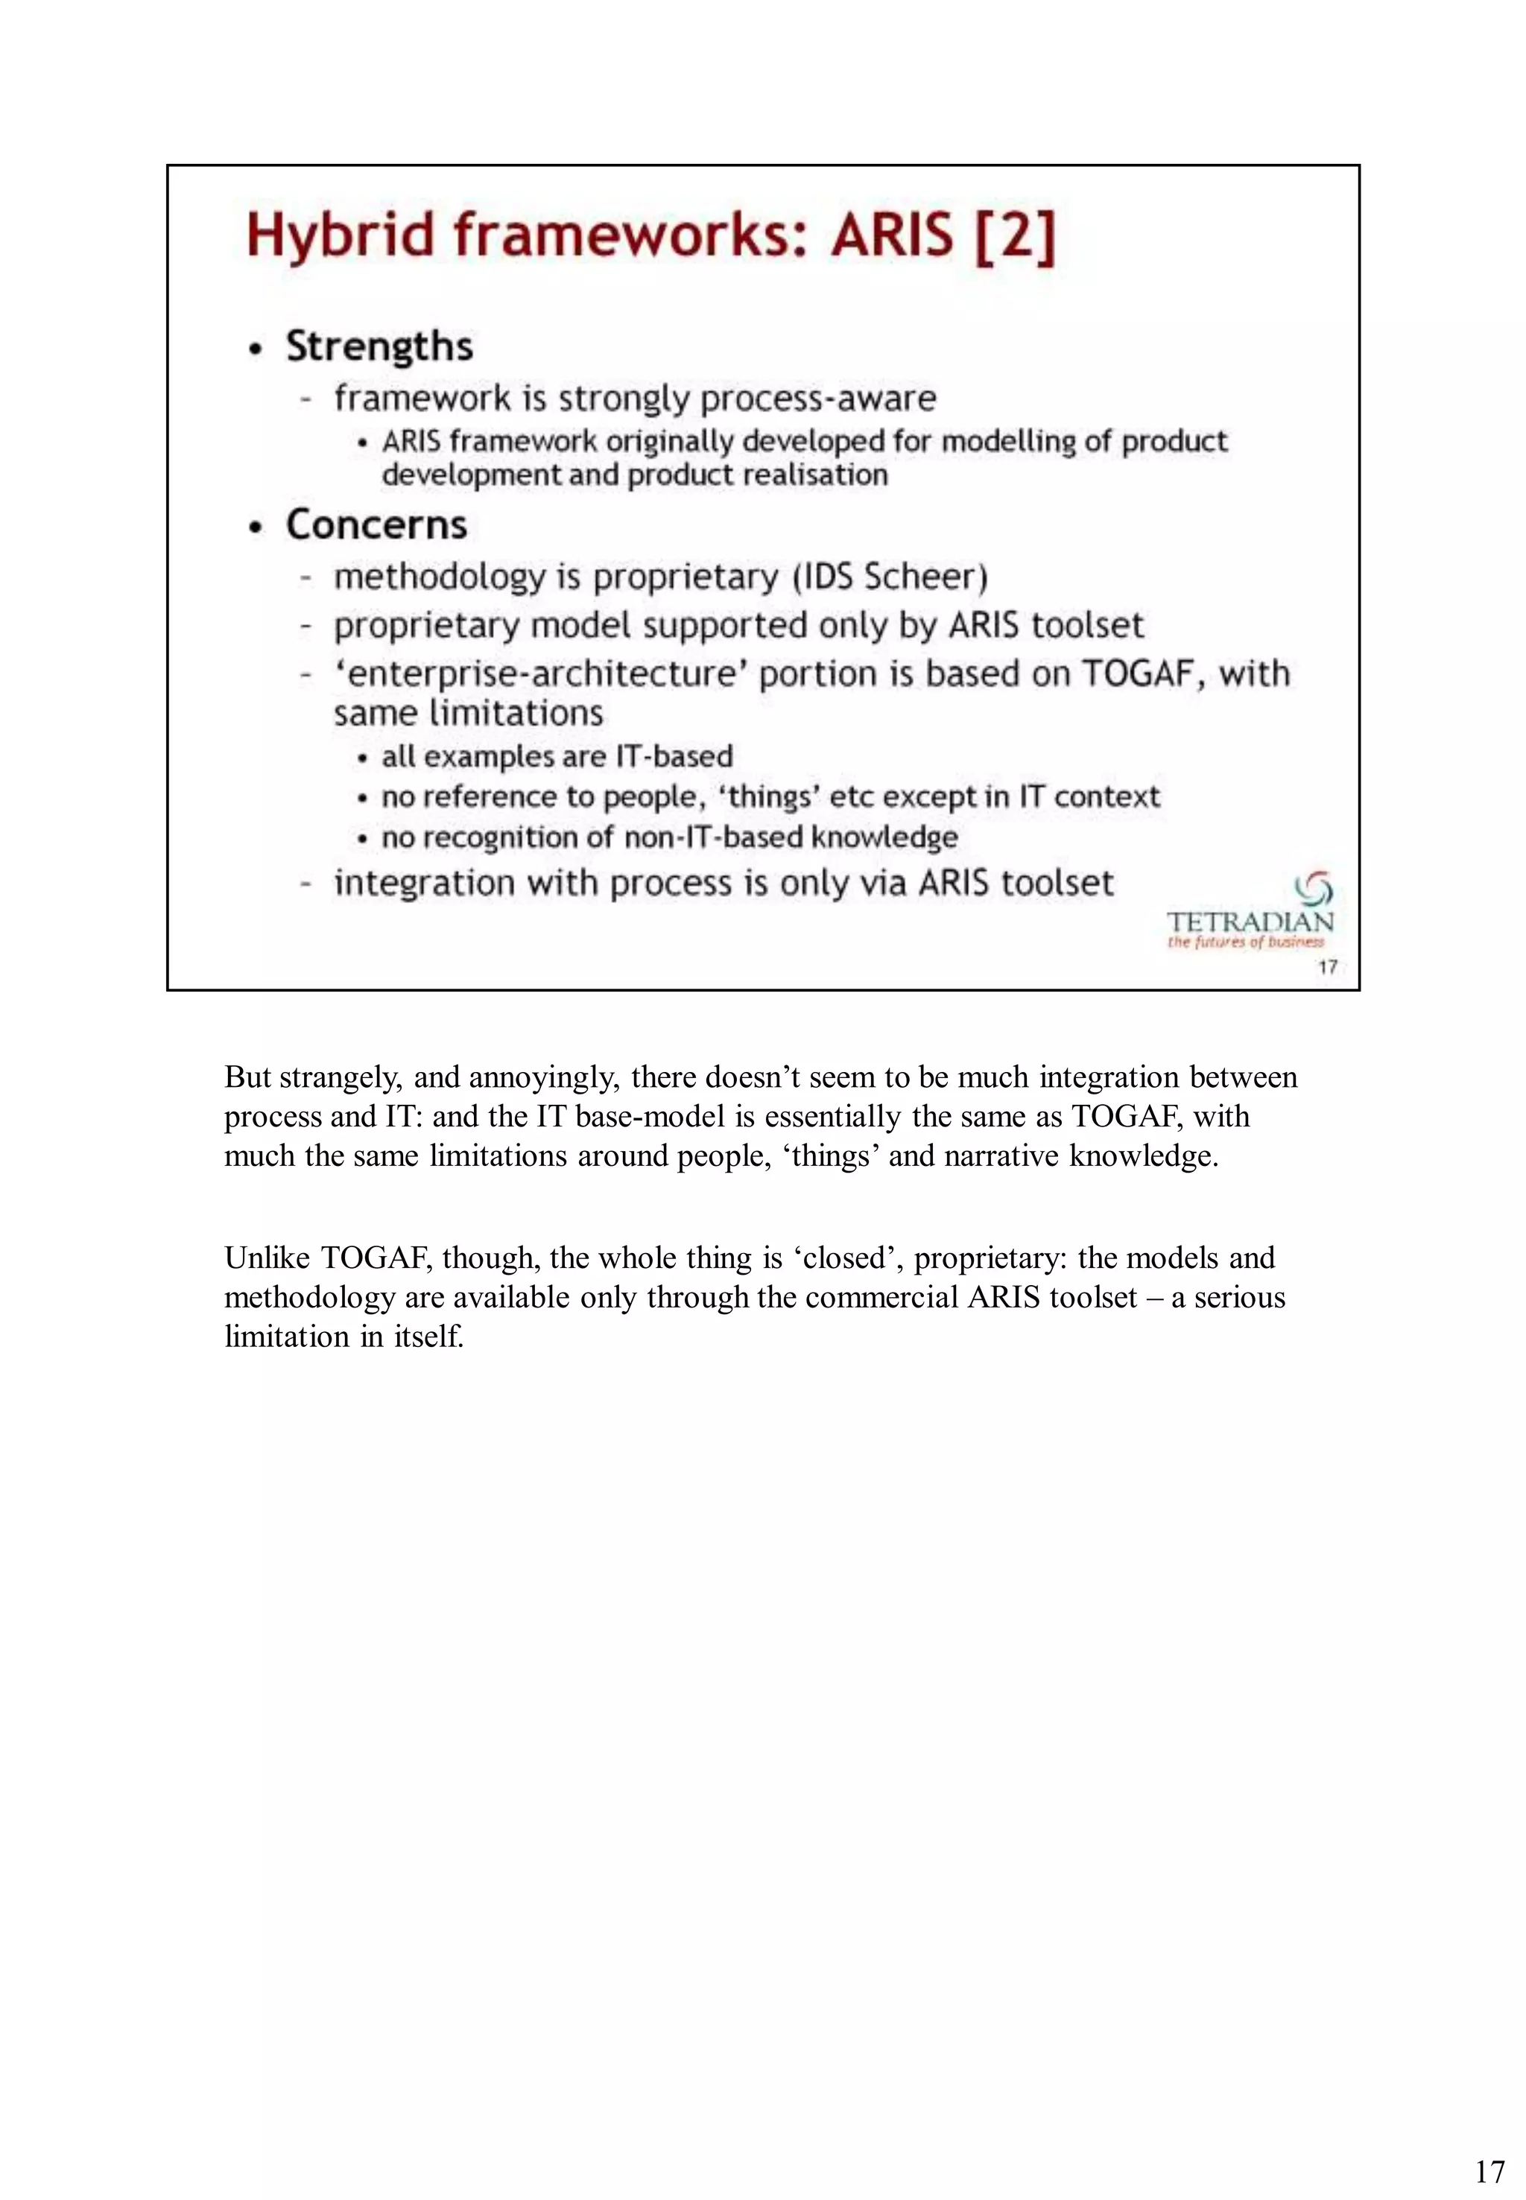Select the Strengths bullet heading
point(379,346)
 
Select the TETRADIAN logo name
point(1250,922)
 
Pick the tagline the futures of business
point(1245,942)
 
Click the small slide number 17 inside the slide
point(1327,966)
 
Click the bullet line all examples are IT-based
point(557,756)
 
